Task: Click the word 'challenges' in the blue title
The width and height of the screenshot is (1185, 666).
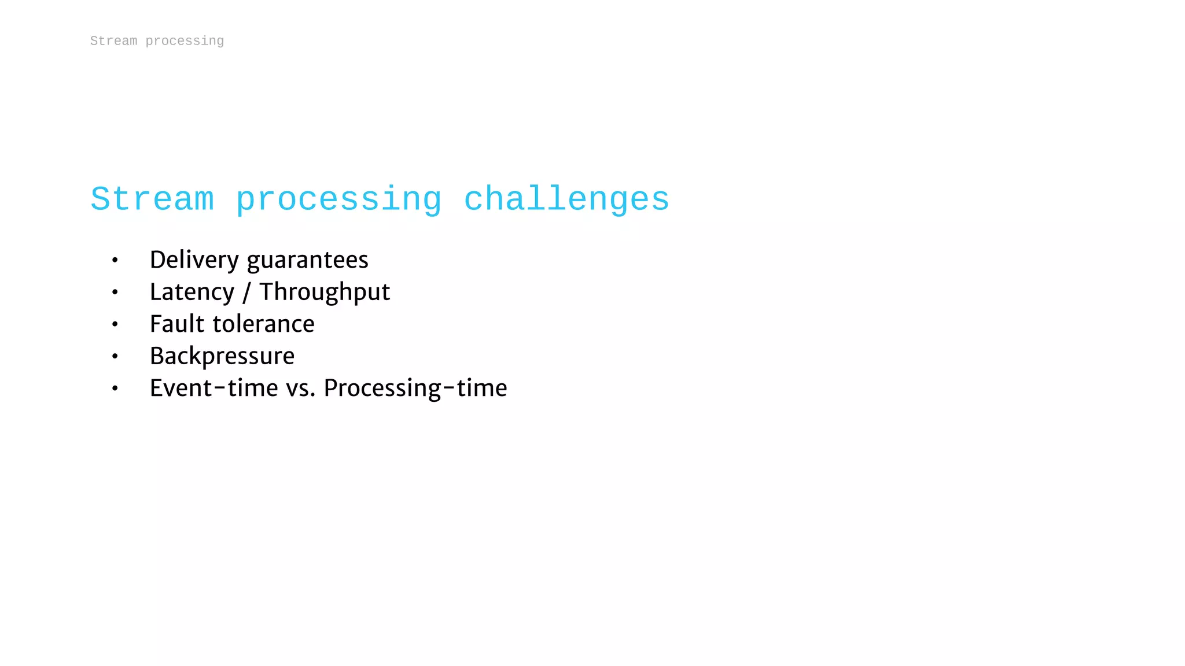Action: [x=566, y=200]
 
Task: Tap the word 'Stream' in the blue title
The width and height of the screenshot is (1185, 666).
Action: [x=152, y=200]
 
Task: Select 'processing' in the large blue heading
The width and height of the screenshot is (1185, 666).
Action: [x=338, y=200]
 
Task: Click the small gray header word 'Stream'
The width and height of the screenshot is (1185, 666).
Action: [x=113, y=41]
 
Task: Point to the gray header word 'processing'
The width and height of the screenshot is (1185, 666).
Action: [x=185, y=41]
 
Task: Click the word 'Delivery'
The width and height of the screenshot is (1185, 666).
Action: [x=194, y=260]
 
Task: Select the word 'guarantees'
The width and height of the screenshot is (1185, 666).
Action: [x=307, y=260]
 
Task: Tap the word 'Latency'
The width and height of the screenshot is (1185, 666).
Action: [x=192, y=292]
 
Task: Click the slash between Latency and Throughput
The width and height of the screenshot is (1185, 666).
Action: [x=246, y=293]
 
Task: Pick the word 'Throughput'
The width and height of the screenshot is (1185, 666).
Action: [x=325, y=292]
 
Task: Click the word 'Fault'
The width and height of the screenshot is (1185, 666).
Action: [x=177, y=324]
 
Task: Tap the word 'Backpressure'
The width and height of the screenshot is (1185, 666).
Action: [x=222, y=356]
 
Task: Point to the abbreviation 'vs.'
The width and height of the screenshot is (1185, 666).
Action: [x=301, y=388]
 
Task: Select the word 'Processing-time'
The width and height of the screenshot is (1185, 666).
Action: [x=415, y=388]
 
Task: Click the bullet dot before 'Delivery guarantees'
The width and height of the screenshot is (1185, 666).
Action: [x=115, y=261]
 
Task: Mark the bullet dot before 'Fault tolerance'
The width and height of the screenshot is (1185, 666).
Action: [x=115, y=324]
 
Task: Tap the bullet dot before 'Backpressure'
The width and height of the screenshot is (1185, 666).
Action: [x=115, y=357]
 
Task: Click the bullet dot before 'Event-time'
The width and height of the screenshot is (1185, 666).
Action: [x=115, y=388]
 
